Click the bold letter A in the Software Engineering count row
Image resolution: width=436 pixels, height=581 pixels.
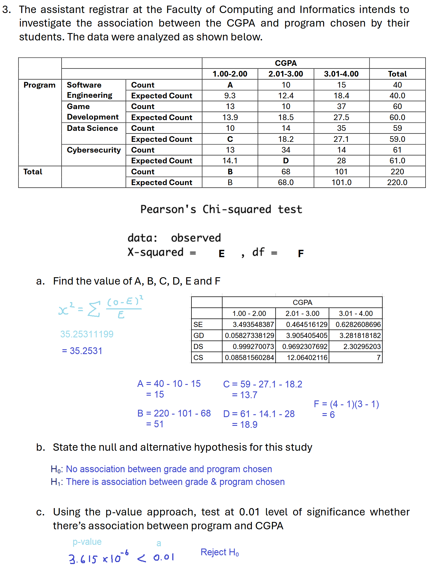(230, 85)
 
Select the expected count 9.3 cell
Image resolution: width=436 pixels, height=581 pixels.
(230, 96)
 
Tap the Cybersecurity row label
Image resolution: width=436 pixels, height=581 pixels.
(94, 150)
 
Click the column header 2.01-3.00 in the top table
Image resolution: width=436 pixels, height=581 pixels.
(285, 74)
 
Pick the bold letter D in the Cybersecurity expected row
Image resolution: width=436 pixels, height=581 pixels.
(286, 161)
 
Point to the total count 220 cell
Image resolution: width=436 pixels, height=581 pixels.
(397, 172)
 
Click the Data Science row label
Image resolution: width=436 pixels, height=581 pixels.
(92, 128)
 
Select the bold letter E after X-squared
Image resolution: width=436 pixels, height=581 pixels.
(222, 253)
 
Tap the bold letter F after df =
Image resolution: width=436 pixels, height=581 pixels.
(301, 253)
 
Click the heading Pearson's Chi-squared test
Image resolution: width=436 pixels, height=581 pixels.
(221, 209)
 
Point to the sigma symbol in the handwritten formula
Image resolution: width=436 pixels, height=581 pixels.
(94, 309)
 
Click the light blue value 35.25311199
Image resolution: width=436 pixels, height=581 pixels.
(87, 334)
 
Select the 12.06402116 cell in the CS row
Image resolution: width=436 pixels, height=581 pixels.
(307, 358)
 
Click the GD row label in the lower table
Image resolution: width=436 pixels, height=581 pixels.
(199, 335)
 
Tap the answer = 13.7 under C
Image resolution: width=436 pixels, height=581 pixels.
(245, 395)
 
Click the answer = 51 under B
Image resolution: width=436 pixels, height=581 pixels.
(155, 424)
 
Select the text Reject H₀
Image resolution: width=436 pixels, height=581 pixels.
(220, 552)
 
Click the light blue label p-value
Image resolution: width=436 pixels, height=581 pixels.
(87, 542)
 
